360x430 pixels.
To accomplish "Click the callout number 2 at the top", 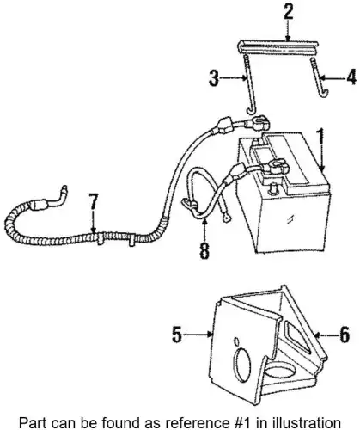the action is click(x=288, y=13).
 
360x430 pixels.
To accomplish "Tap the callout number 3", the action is click(x=214, y=77).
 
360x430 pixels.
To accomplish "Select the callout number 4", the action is click(x=351, y=77).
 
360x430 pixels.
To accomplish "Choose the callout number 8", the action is click(x=204, y=250).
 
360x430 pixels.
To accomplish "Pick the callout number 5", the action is click(x=177, y=334).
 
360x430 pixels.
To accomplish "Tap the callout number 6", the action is click(x=345, y=334).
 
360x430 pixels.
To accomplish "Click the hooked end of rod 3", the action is click(x=251, y=111).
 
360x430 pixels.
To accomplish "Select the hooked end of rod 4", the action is click(x=324, y=93).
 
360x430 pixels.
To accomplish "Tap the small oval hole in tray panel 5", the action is click(x=236, y=342).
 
